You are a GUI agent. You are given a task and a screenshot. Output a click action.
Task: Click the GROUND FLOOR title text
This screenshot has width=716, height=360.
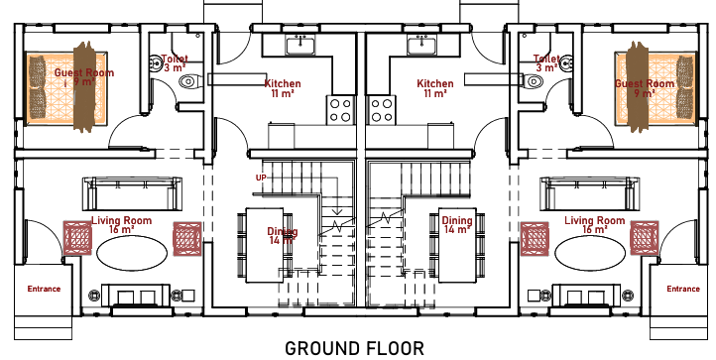pyautogui.click(x=354, y=348)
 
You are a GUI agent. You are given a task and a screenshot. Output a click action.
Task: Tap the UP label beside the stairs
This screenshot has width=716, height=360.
pyautogui.click(x=261, y=178)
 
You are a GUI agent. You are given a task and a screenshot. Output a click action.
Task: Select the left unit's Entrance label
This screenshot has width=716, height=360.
pyautogui.click(x=44, y=289)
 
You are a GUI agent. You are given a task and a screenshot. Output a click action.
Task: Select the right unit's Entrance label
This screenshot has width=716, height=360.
pyautogui.click(x=683, y=289)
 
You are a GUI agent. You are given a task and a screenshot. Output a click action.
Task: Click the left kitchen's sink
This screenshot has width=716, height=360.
pyautogui.click(x=300, y=46)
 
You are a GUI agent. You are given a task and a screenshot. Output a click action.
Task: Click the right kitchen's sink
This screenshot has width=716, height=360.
pyautogui.click(x=421, y=46)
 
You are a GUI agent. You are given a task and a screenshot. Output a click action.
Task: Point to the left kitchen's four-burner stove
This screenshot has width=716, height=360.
pyautogui.click(x=340, y=110)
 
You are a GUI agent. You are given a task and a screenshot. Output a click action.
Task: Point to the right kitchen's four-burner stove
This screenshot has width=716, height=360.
pyautogui.click(x=382, y=110)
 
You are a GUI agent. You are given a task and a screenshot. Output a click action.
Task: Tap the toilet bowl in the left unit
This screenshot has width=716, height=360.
pyautogui.click(x=188, y=82)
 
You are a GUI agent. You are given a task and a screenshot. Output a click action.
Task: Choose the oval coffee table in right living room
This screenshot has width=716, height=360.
pyautogui.click(x=590, y=253)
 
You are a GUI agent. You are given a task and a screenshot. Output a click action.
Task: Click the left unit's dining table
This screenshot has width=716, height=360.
pyautogui.click(x=265, y=245)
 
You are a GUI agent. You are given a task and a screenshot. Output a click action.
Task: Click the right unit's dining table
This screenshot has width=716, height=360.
pyautogui.click(x=457, y=245)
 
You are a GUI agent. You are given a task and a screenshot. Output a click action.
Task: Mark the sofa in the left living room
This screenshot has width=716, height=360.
pyautogui.click(x=133, y=193)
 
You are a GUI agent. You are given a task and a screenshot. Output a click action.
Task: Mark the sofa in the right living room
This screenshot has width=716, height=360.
pyautogui.click(x=590, y=193)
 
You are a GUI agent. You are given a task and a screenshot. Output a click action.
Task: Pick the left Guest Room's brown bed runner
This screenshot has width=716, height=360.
pyautogui.click(x=84, y=87)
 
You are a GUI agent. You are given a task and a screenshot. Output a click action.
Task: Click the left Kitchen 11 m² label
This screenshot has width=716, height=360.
pyautogui.click(x=283, y=88)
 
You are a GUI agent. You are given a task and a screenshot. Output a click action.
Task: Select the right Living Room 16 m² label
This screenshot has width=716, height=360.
pyautogui.click(x=595, y=225)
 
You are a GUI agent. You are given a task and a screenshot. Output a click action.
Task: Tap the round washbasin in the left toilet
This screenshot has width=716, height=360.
pyautogui.click(x=155, y=63)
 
